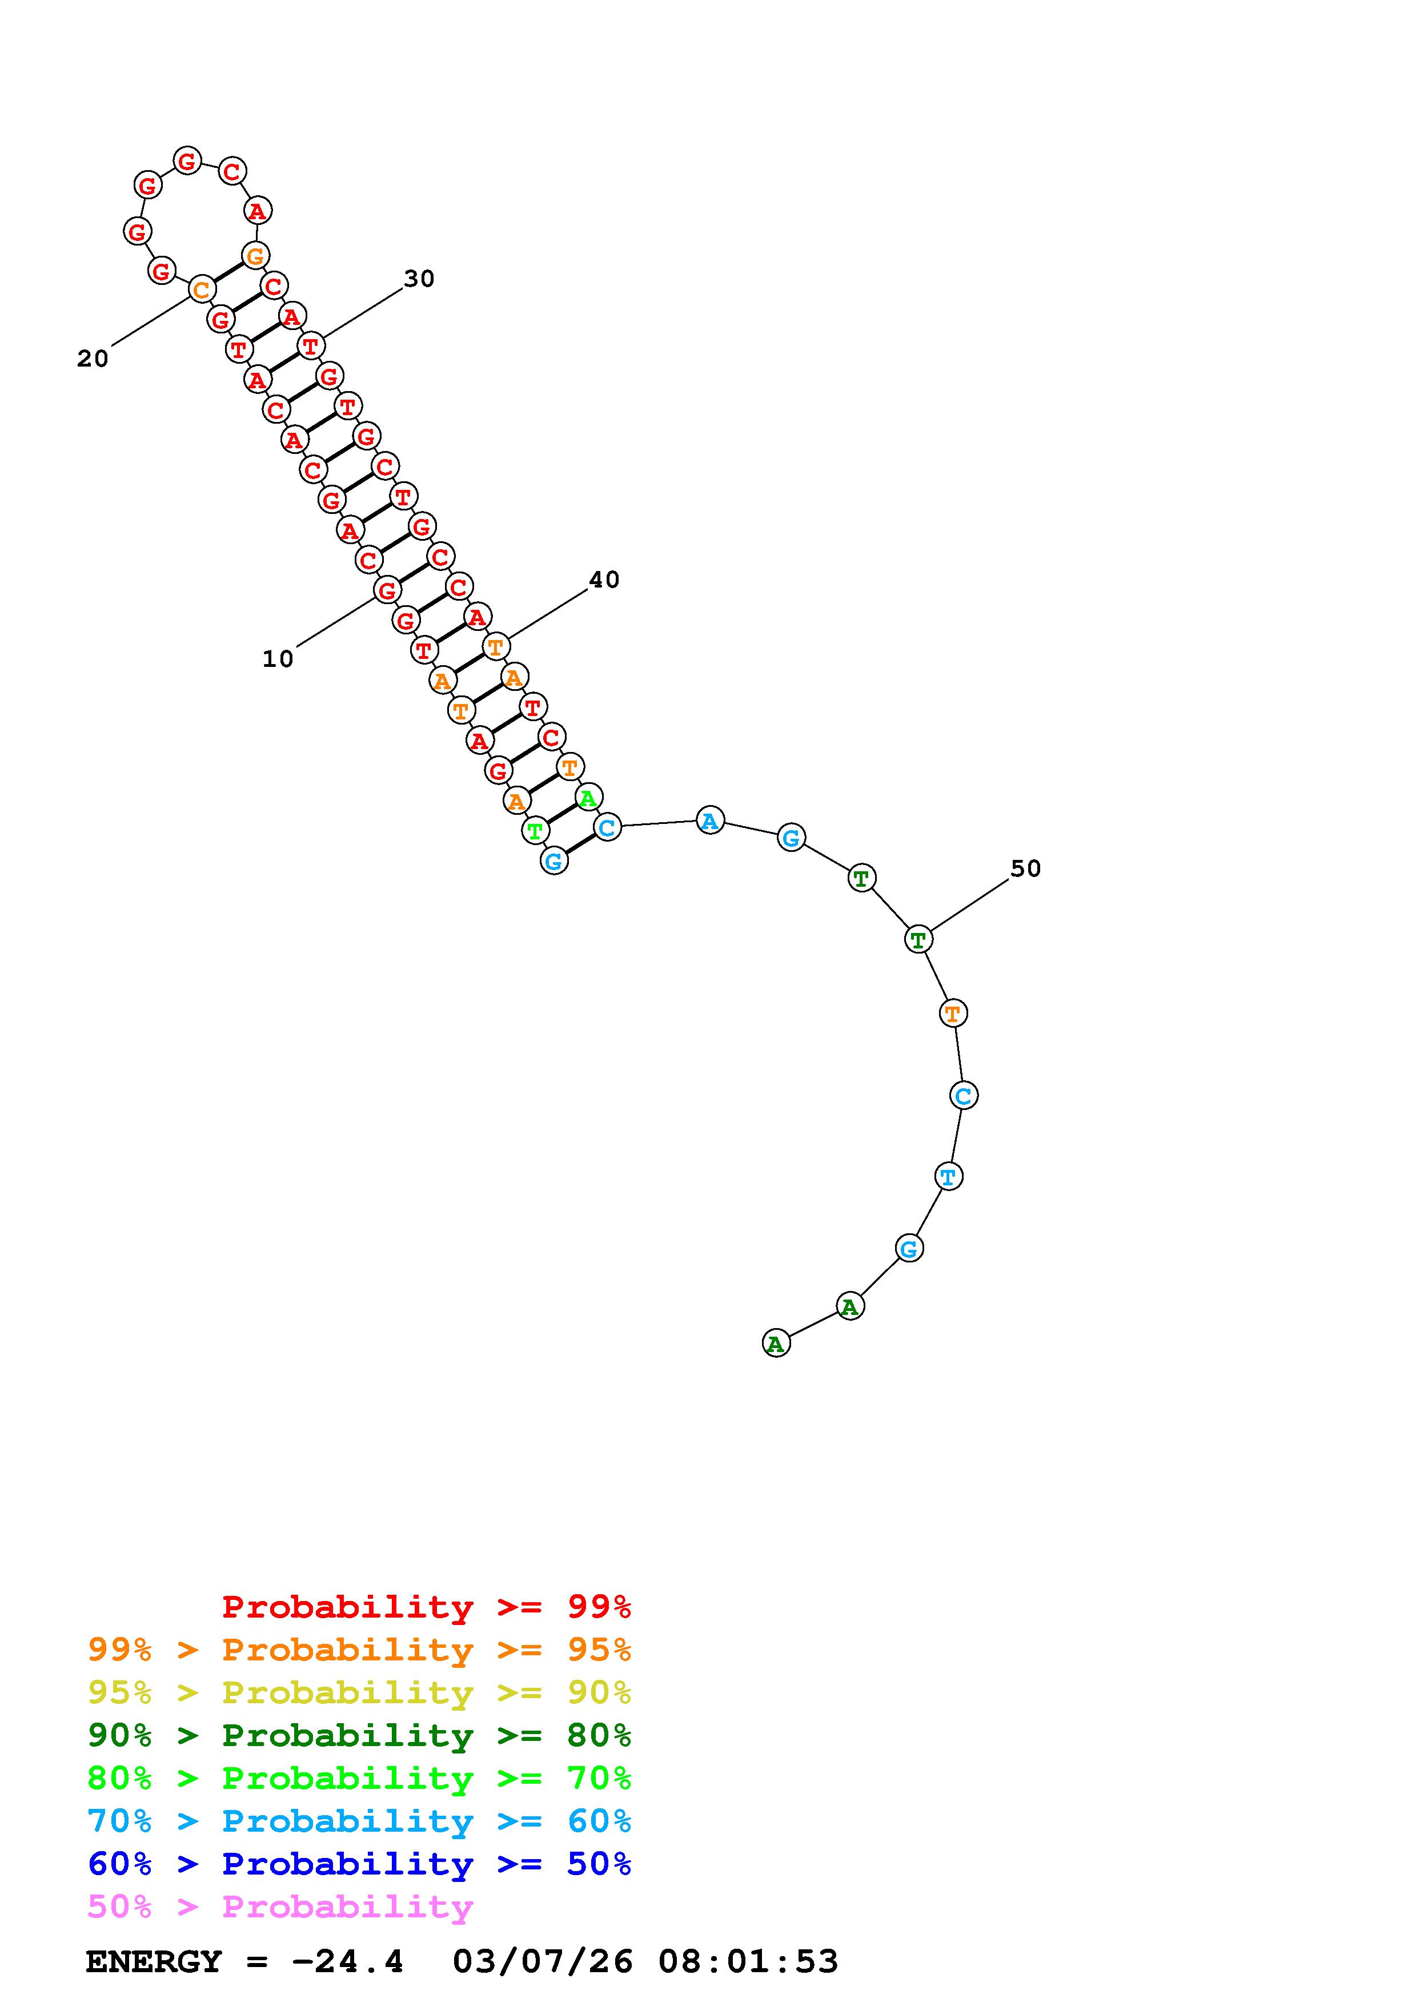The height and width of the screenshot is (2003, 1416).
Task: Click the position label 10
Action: pos(278,659)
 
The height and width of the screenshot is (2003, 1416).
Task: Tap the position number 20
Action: pos(93,359)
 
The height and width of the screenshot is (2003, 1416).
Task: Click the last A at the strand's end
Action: pos(776,1344)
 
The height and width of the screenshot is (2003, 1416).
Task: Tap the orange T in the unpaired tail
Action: pos(953,1013)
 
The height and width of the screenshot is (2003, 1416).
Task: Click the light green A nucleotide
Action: pos(589,797)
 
